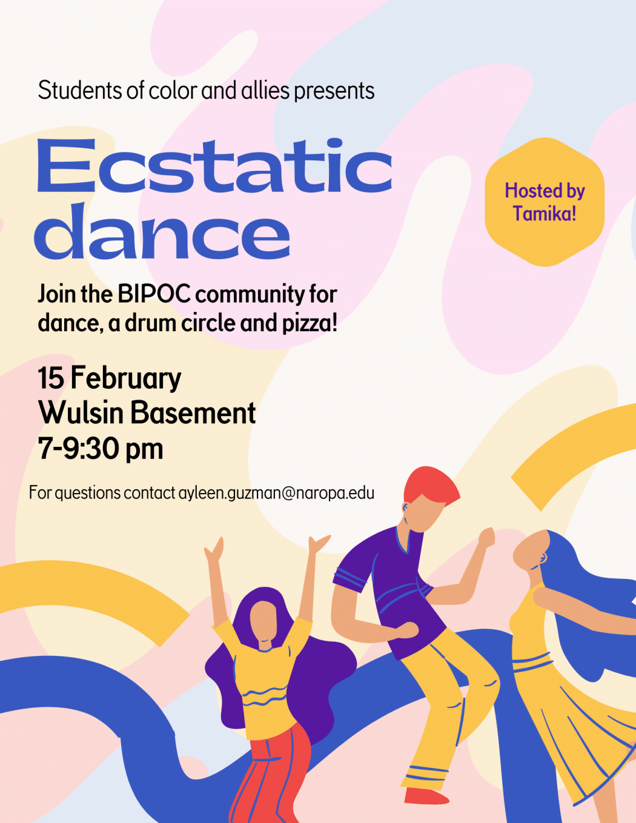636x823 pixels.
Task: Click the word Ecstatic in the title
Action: [214, 167]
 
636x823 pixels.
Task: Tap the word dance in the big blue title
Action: [162, 231]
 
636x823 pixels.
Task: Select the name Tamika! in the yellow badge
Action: [545, 213]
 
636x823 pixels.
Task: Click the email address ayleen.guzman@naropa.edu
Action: [276, 494]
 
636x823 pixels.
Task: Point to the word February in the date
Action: [126, 379]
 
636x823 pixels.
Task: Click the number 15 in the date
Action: [51, 378]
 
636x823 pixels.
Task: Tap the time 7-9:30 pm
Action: [101, 449]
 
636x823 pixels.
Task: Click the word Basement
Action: [193, 413]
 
